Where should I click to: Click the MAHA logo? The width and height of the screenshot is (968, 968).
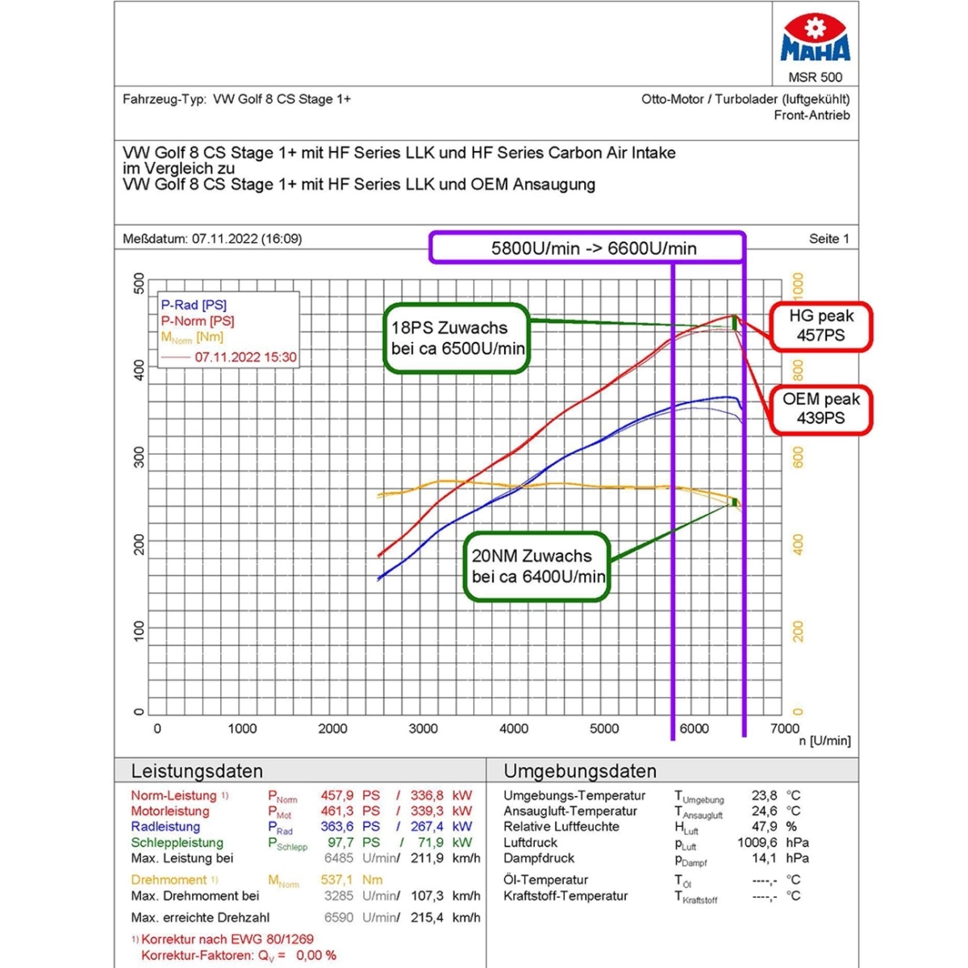pyautogui.click(x=815, y=39)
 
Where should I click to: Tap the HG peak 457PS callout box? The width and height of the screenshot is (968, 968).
pyautogui.click(x=821, y=326)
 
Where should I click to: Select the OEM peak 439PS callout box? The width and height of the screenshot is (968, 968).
pyautogui.click(x=821, y=409)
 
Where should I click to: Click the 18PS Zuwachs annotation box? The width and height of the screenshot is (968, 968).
pyautogui.click(x=457, y=338)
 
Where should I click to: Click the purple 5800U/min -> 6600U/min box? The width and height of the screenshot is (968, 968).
pyautogui.click(x=586, y=248)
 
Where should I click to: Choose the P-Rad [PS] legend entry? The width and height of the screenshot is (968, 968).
pyautogui.click(x=194, y=305)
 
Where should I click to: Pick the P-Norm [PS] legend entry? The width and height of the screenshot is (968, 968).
pyautogui.click(x=198, y=321)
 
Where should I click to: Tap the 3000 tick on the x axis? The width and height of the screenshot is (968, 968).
pyautogui.click(x=423, y=728)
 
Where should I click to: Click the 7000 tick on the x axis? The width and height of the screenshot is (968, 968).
pyautogui.click(x=784, y=728)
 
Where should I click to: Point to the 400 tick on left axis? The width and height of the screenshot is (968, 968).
pyautogui.click(x=140, y=370)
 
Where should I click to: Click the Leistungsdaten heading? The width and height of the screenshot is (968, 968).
pyautogui.click(x=197, y=771)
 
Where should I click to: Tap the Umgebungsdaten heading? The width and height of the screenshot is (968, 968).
pyautogui.click(x=579, y=771)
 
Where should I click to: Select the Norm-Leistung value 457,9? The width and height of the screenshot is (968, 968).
pyautogui.click(x=337, y=795)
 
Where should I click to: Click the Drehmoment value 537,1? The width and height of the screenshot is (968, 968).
pyautogui.click(x=337, y=880)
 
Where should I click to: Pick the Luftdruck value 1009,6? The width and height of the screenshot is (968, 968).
pyautogui.click(x=757, y=842)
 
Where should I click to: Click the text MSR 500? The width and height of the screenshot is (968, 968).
pyautogui.click(x=815, y=77)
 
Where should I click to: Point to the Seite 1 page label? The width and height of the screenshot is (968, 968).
pyautogui.click(x=828, y=239)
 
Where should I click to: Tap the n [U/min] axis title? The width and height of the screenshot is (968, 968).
pyautogui.click(x=824, y=741)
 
